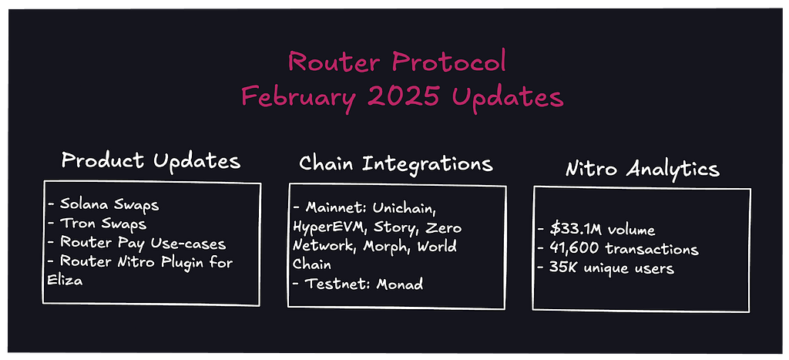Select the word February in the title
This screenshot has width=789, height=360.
(301, 96)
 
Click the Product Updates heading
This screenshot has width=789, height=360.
(151, 161)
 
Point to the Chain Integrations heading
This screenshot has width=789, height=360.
(396, 163)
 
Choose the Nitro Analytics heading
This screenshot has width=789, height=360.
(642, 169)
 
